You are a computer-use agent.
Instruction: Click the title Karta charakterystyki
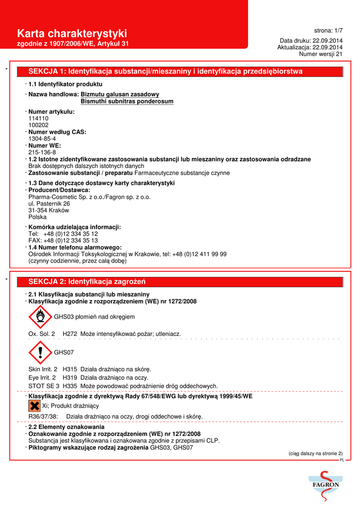coord(72,33)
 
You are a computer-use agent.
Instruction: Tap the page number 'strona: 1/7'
coord(328,30)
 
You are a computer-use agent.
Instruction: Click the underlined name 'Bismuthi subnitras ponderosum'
coord(127,101)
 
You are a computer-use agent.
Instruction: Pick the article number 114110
coord(39,119)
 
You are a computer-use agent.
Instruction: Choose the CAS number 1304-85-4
coord(42,139)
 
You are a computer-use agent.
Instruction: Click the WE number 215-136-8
coord(42,152)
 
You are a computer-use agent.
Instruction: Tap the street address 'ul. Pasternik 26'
coord(49,203)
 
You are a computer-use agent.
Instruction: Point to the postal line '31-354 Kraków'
coord(49,210)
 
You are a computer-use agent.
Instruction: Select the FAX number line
coord(63,241)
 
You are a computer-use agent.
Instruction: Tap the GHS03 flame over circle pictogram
coord(40,317)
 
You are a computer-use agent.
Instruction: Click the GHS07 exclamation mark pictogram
coord(40,352)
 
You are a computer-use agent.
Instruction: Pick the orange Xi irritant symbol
coord(34,406)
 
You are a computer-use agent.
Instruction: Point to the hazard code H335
coord(70,386)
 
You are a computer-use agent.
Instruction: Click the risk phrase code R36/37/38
coord(44,416)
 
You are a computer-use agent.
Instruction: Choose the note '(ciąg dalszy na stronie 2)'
coord(316,453)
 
